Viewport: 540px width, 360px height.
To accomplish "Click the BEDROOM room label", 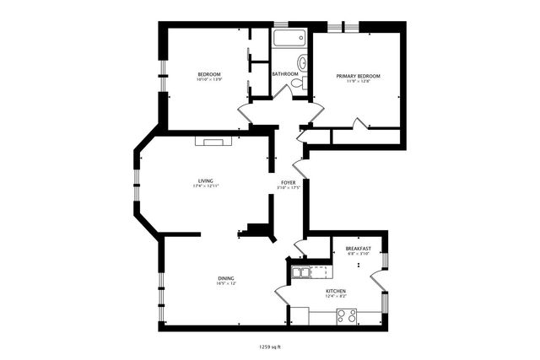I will click(x=209, y=75).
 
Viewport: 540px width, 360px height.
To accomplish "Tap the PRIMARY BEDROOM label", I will click(x=358, y=76).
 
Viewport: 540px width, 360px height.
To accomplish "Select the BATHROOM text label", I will click(x=285, y=74).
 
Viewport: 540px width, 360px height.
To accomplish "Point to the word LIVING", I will click(x=205, y=180).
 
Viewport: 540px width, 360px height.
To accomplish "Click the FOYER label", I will click(x=288, y=182).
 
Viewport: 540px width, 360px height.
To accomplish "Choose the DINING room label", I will click(x=226, y=278).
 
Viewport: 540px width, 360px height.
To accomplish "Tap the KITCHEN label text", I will click(x=337, y=291).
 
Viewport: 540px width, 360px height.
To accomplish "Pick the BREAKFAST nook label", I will click(x=359, y=249).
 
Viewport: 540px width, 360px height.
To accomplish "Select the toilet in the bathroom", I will click(x=303, y=62).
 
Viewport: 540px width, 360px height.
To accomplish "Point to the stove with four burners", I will click(x=347, y=316).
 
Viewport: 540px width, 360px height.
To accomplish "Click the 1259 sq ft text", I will click(x=270, y=347).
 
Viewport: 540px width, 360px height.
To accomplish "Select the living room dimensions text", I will click(x=205, y=186).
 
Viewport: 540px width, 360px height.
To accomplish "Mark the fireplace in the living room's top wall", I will click(x=211, y=141).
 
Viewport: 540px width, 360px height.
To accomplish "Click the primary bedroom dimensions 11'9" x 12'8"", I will click(x=358, y=82).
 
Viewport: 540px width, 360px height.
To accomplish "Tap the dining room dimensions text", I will click(x=226, y=284).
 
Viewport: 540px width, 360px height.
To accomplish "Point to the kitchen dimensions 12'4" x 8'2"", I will click(x=337, y=297).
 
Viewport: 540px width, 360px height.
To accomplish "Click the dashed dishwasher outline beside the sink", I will click(x=321, y=271).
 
